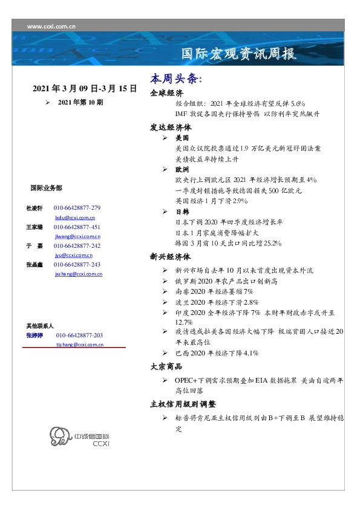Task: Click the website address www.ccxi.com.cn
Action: pyautogui.click(x=51, y=26)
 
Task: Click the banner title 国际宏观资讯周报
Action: pyautogui.click(x=239, y=55)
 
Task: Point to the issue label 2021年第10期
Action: pyautogui.click(x=80, y=103)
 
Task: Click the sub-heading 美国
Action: pyautogui.click(x=182, y=138)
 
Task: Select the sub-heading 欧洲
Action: pyautogui.click(x=182, y=170)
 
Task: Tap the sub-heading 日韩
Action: pyautogui.click(x=182, y=212)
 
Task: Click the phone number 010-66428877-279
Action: pyautogui.click(x=77, y=208)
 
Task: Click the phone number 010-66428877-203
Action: pyautogui.click(x=79, y=335)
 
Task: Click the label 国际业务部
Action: pyautogui.click(x=45, y=188)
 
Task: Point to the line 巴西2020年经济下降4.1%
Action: pyautogui.click(x=217, y=352)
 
